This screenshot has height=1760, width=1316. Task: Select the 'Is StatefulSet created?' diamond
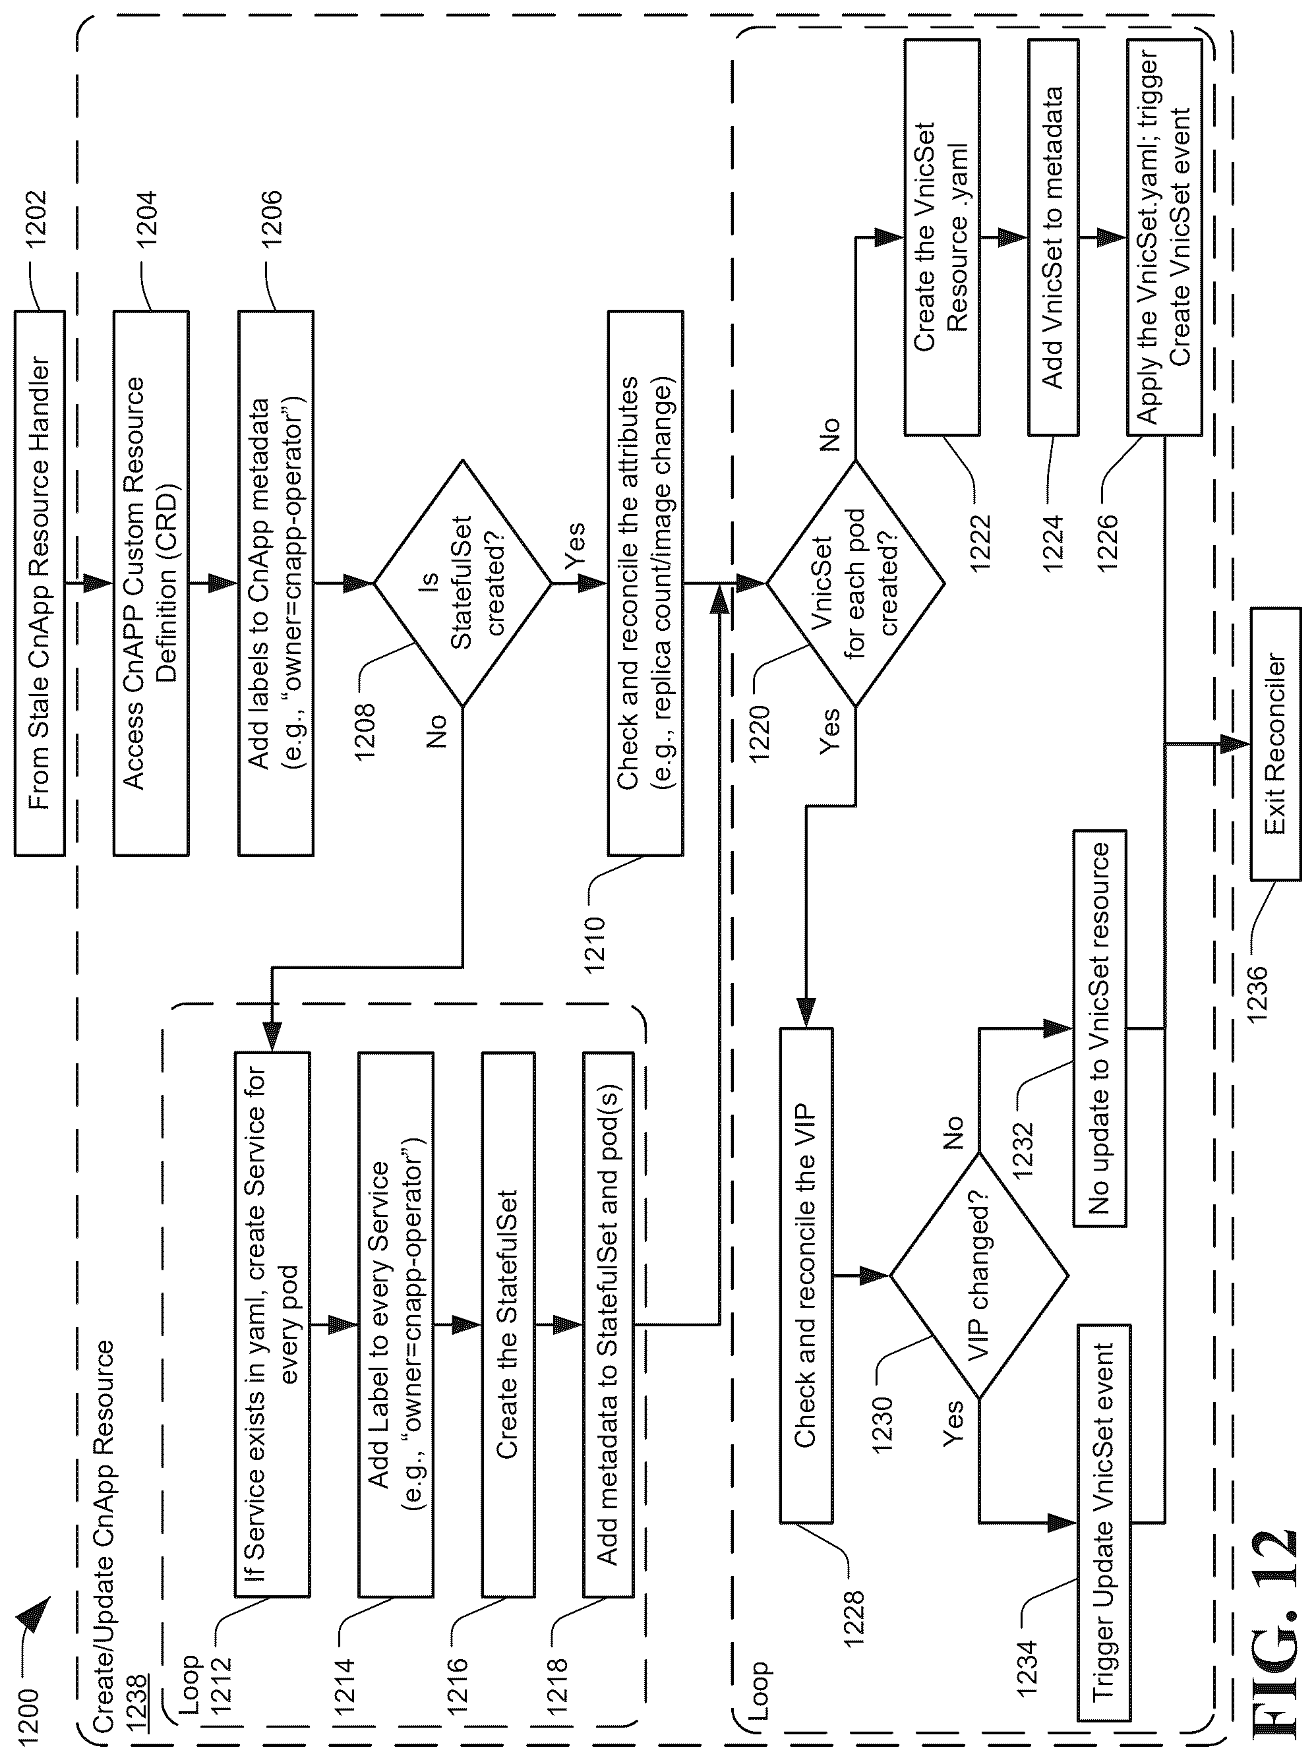click(x=462, y=583)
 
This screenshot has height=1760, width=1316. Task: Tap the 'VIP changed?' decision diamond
click(x=978, y=1276)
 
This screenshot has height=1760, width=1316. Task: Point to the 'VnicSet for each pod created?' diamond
click(x=855, y=583)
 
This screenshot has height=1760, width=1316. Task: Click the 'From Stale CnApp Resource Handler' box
click(x=39, y=583)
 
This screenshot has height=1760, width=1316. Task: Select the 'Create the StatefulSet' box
click(x=508, y=1324)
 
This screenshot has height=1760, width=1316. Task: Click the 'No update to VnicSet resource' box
click(x=1100, y=1028)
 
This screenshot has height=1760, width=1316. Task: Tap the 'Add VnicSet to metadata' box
click(x=1053, y=237)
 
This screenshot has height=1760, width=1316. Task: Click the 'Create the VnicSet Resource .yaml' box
click(x=942, y=237)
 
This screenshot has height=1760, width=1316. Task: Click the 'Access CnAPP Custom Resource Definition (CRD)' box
click(x=150, y=583)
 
